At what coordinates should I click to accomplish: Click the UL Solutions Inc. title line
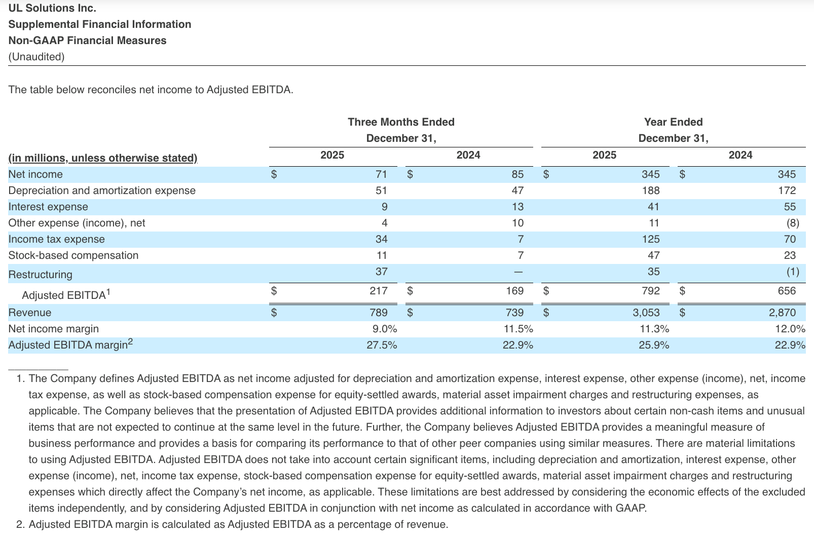coord(52,8)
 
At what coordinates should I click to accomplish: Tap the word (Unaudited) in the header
coord(36,57)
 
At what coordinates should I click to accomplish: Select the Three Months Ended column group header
coord(401,122)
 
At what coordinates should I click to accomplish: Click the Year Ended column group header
coord(673,122)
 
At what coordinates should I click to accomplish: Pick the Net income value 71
coord(381,174)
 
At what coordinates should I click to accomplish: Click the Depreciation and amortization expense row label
coord(102,190)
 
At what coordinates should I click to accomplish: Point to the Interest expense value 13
coord(517,207)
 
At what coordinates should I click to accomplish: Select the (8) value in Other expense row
coord(792,223)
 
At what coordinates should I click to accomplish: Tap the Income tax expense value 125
coord(651,239)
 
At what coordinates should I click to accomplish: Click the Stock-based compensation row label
coord(73,255)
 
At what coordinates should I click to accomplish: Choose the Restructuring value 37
coord(381,272)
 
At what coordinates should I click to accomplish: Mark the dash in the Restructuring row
coord(517,272)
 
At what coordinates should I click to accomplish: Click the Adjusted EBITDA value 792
coord(651,291)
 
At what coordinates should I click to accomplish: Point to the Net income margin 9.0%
coord(385,329)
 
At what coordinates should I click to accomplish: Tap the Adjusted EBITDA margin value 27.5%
coord(382,345)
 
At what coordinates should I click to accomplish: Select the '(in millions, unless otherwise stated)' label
coord(103,158)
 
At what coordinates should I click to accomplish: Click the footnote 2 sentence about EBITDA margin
coord(238,524)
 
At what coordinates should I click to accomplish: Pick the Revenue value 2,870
coord(782,313)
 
